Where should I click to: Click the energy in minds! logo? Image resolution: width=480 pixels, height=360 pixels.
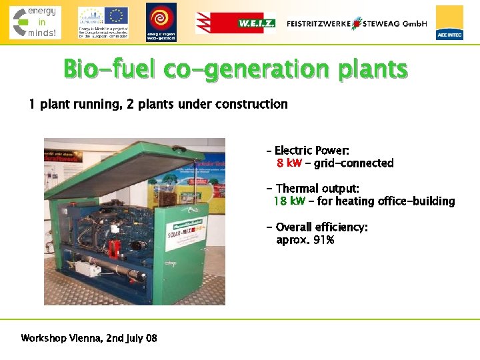[35, 22]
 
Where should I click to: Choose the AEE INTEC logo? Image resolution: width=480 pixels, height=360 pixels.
[449, 23]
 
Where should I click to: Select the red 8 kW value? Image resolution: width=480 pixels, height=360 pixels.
[289, 163]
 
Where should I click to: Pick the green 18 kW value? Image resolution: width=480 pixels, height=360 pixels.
[289, 201]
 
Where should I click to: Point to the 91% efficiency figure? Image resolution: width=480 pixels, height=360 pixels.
[323, 240]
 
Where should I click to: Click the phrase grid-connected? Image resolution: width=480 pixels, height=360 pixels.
[354, 163]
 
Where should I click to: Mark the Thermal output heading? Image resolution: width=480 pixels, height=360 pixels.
[317, 189]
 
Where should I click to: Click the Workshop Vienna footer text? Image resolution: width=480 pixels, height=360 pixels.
[89, 338]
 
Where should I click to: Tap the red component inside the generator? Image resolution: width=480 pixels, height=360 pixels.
[114, 247]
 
